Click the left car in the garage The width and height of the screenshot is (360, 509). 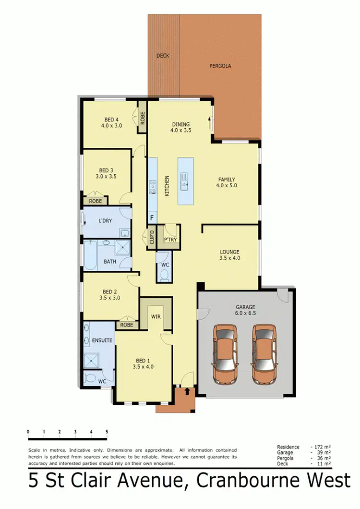(x=225, y=354)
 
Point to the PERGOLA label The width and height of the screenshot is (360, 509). (x=220, y=66)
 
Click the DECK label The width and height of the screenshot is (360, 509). (x=163, y=56)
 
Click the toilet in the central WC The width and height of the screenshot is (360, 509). (x=164, y=275)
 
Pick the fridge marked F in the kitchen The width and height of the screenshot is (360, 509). (x=152, y=218)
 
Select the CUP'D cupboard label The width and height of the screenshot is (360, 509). (x=151, y=239)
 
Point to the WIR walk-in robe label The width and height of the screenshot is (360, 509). (x=155, y=316)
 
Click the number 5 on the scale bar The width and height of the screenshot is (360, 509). (x=107, y=431)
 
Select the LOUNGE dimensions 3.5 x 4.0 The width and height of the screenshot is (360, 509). (x=229, y=258)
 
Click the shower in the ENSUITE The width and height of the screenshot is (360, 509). (x=90, y=360)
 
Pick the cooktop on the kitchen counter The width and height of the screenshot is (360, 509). (x=152, y=187)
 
